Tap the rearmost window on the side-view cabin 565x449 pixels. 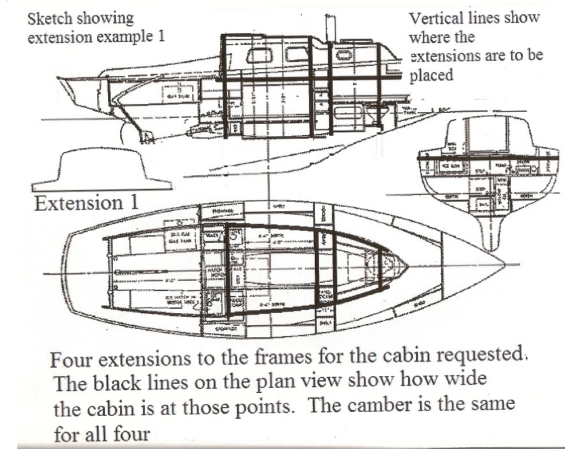pyautogui.click(x=259, y=56)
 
